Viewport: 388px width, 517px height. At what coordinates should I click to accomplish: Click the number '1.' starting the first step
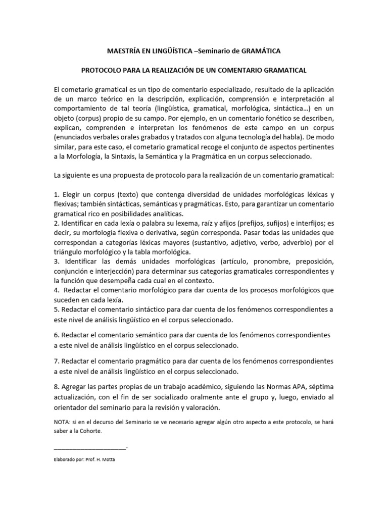(x=57, y=195)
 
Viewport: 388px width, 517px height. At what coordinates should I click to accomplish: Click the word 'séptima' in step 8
(x=319, y=387)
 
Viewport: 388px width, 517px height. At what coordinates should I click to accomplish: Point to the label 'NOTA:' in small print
(x=62, y=422)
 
